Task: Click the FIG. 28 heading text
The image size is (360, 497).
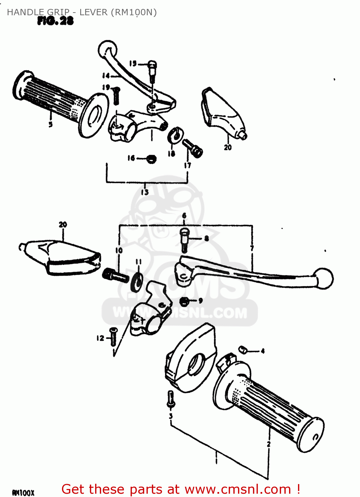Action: pos(55,21)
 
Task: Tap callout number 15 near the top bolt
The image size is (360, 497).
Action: pos(133,63)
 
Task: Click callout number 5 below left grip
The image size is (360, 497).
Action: pos(50,125)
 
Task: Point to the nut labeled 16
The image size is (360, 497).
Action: pos(151,159)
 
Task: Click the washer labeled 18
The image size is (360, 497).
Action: pos(174,135)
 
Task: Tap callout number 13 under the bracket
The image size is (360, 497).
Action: pos(145,192)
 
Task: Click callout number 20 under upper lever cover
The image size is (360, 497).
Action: pos(228,147)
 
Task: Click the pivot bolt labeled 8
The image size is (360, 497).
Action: pos(185,239)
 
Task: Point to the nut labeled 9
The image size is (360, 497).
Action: pos(184,301)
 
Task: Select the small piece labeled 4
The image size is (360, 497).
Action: pos(243,349)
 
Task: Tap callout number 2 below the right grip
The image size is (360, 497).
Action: pos(269,444)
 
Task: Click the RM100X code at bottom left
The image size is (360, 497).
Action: pos(23,493)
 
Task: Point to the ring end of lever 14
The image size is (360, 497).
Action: pos(107,50)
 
